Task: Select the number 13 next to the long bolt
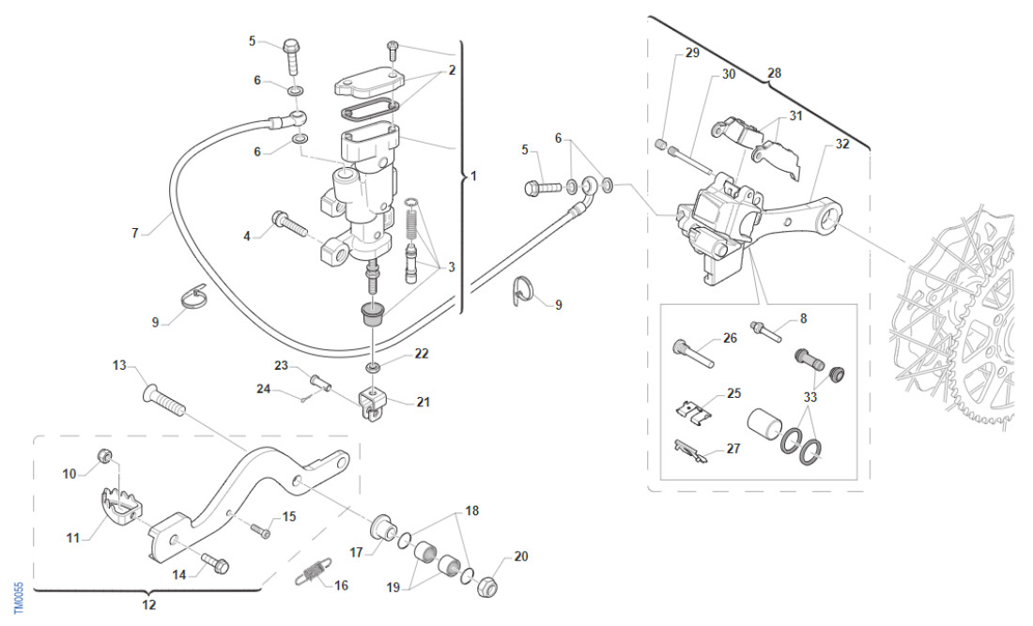click(x=119, y=364)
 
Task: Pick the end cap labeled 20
click(x=488, y=588)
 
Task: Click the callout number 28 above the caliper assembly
click(x=775, y=72)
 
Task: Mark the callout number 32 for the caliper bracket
click(x=841, y=144)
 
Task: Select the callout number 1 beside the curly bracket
click(x=473, y=176)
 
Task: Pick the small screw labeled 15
click(x=260, y=530)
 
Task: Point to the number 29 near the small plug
click(x=692, y=53)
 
